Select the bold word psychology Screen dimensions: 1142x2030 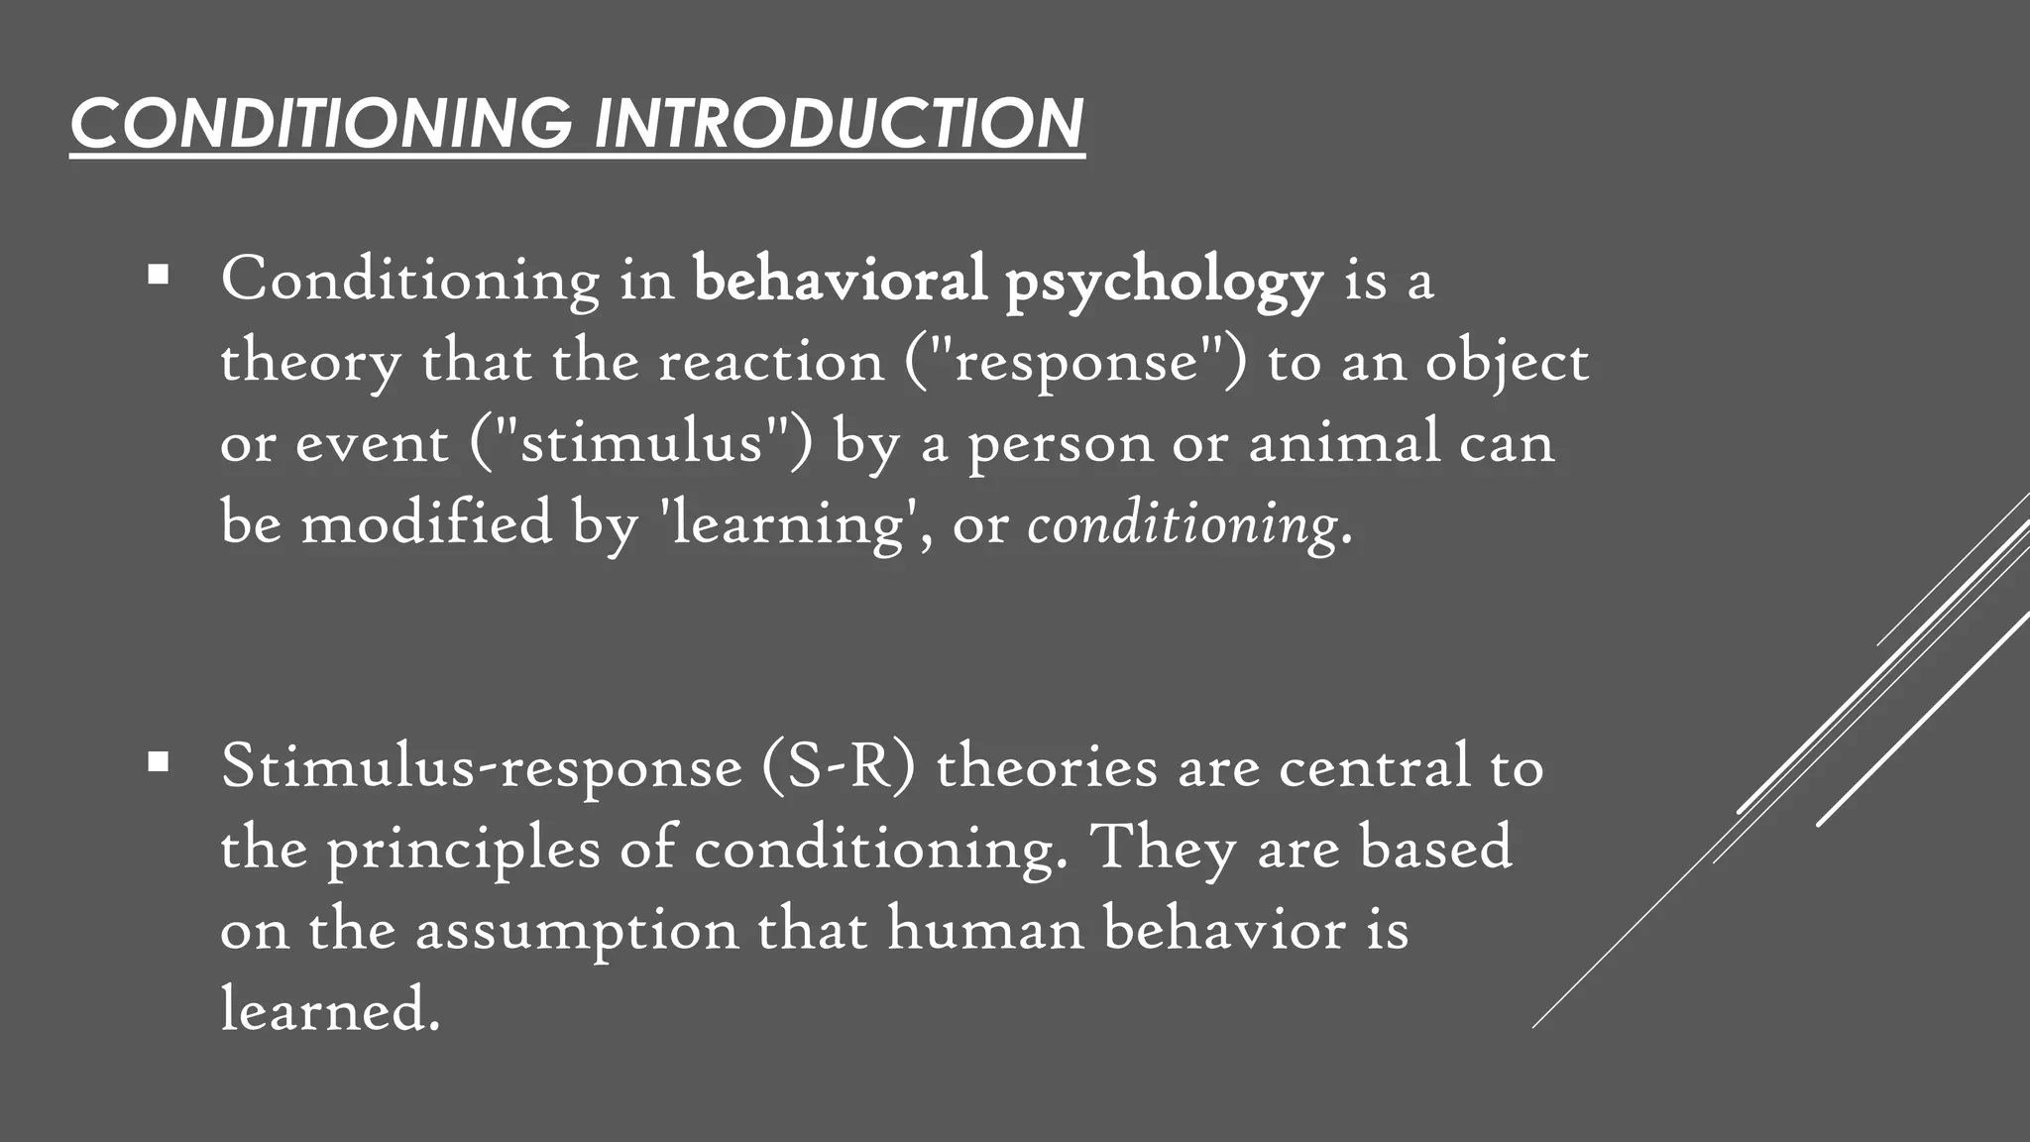point(1164,281)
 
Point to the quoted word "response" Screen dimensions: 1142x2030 point(1075,361)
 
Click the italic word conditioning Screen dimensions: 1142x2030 point(1183,524)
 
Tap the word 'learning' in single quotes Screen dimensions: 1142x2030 point(784,524)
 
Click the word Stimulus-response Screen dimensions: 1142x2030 point(482,767)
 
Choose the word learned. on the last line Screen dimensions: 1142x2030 point(330,1010)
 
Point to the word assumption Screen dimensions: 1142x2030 point(577,931)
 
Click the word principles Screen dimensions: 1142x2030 point(464,851)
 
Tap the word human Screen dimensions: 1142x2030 point(985,929)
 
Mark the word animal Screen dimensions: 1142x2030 point(1343,442)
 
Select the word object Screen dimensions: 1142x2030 point(1507,363)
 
